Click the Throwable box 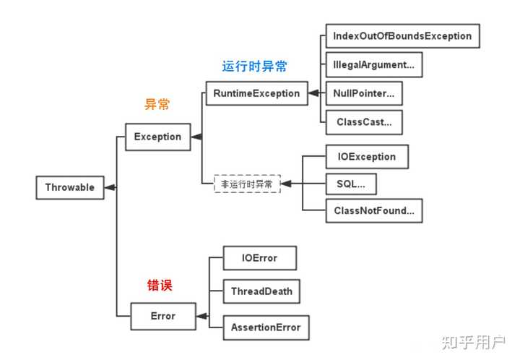tap(70, 187)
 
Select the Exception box tap(158, 137)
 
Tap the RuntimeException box tap(256, 93)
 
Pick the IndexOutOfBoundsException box tap(402, 36)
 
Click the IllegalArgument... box tap(374, 65)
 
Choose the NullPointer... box tap(364, 93)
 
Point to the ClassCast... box tap(364, 122)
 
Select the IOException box tap(367, 157)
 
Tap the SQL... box tap(351, 184)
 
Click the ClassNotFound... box tap(374, 210)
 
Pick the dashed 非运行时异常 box tap(247, 184)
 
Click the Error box tap(163, 316)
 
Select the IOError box tap(260, 258)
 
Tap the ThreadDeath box tap(261, 291)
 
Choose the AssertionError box tap(266, 327)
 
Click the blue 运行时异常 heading tap(254, 67)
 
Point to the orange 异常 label tap(157, 105)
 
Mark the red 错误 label tap(160, 286)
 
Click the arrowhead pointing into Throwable tap(110, 187)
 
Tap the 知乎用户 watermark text tap(474, 343)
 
